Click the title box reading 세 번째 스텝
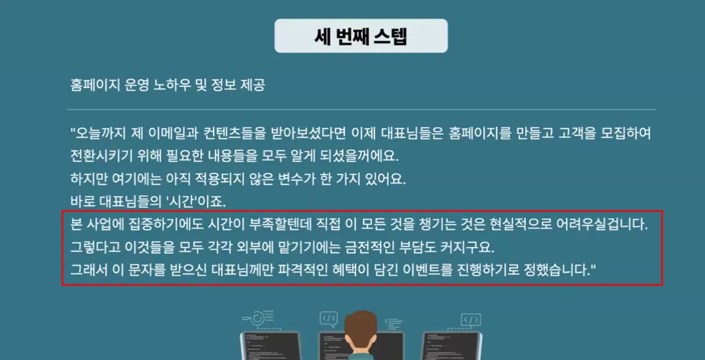pos(361,36)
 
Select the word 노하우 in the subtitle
pos(172,85)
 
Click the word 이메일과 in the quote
pos(173,133)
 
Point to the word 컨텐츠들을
pos(235,133)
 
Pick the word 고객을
pos(577,133)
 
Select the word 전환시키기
pos(102,156)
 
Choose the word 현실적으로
pos(520,224)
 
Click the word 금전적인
pos(370,247)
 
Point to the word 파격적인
pos(303,270)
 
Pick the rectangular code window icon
pos(471,320)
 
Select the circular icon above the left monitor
pos(257,318)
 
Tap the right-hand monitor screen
pos(452,347)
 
